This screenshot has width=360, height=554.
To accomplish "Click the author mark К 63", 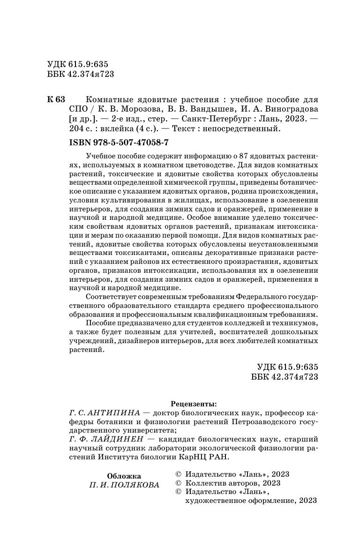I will (x=56, y=100).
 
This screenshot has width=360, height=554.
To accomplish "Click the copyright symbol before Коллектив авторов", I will (x=177, y=483).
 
